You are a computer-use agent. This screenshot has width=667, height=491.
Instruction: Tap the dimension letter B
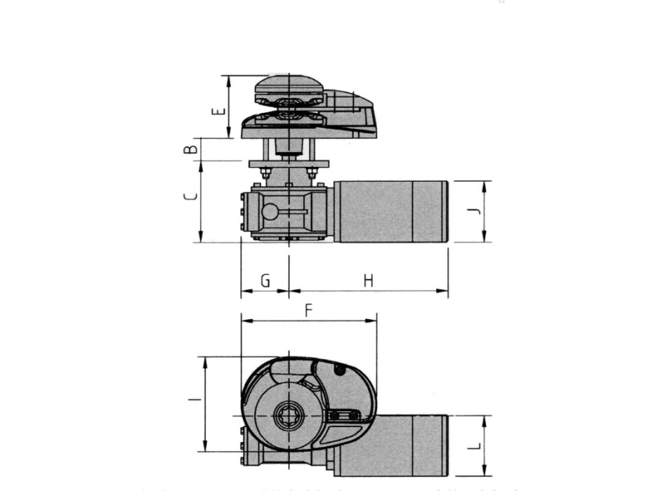[188, 150]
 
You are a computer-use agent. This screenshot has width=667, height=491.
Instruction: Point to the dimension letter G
[265, 281]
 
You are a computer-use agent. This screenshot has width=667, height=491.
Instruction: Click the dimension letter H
[368, 281]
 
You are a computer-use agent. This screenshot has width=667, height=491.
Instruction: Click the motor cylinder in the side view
[390, 212]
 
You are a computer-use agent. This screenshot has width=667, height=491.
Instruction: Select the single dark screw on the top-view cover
[342, 372]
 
